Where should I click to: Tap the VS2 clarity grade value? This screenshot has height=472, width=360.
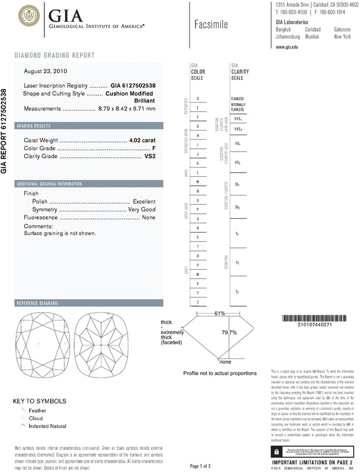click(150, 156)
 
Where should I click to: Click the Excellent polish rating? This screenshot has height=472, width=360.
click(144, 202)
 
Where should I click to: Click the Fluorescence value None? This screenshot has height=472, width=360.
click(149, 218)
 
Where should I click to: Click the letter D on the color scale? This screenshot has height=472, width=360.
click(197, 99)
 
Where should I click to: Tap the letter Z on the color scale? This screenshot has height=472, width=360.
click(197, 302)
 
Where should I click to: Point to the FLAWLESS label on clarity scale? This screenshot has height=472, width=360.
click(238, 99)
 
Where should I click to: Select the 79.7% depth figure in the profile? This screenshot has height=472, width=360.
click(229, 332)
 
